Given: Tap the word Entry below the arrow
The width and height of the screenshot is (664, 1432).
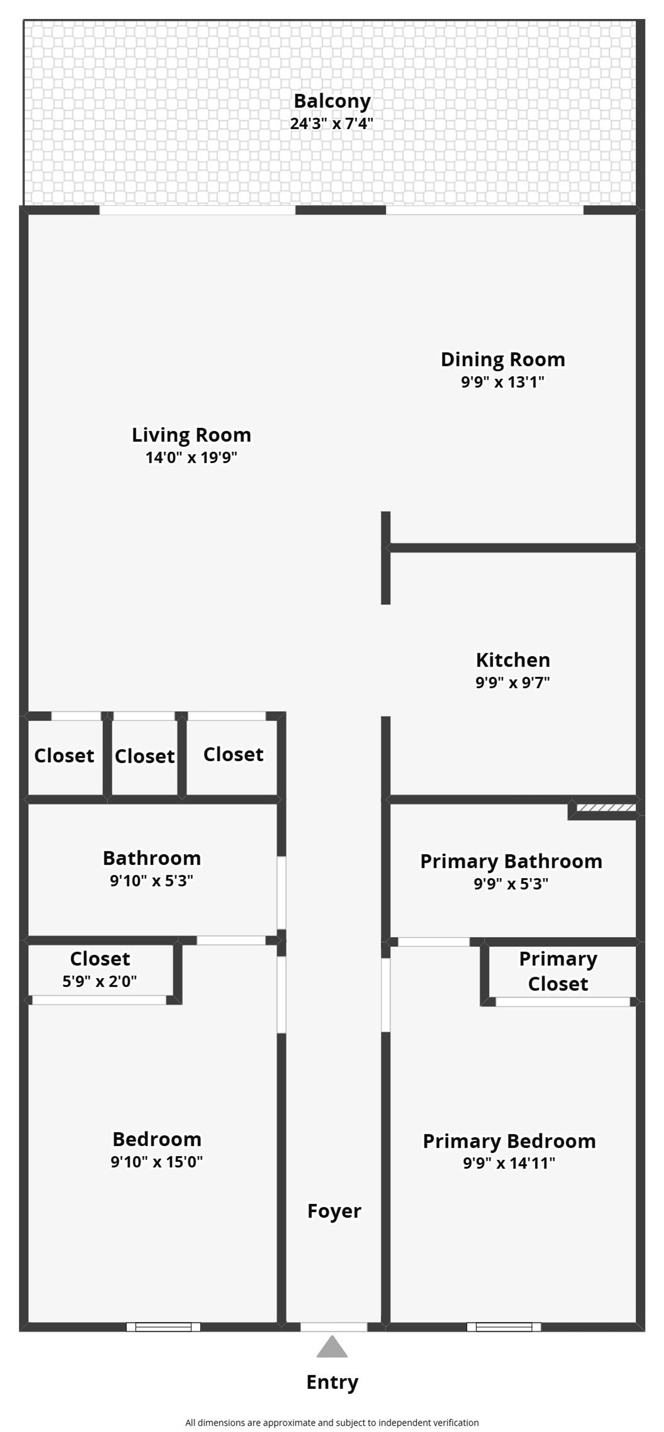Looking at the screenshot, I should pyautogui.click(x=332, y=1382).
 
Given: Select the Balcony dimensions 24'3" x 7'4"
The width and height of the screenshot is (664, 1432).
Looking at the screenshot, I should pyautogui.click(x=331, y=123).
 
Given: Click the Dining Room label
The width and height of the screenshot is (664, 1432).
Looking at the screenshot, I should pyautogui.click(x=503, y=360).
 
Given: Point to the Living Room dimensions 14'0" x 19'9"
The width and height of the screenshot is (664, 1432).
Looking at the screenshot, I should pyautogui.click(x=191, y=457).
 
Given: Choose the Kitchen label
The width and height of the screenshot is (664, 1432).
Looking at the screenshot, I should pyautogui.click(x=513, y=660).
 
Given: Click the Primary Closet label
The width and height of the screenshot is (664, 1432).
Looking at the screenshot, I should pyautogui.click(x=558, y=971).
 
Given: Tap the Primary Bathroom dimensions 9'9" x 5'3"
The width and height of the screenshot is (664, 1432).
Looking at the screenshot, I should pyautogui.click(x=511, y=884).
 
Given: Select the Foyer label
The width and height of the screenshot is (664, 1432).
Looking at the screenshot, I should pyautogui.click(x=334, y=1211).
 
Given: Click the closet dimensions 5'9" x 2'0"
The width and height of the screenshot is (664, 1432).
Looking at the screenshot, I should pyautogui.click(x=100, y=981).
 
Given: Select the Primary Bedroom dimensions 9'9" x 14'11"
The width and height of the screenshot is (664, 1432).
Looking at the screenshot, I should pyautogui.click(x=509, y=1163).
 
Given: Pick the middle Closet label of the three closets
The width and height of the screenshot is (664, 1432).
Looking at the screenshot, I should pyautogui.click(x=145, y=756).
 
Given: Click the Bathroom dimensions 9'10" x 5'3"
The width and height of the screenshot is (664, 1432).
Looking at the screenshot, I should pyautogui.click(x=151, y=881).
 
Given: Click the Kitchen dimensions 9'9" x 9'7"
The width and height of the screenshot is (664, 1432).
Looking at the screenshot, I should pyautogui.click(x=512, y=683).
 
